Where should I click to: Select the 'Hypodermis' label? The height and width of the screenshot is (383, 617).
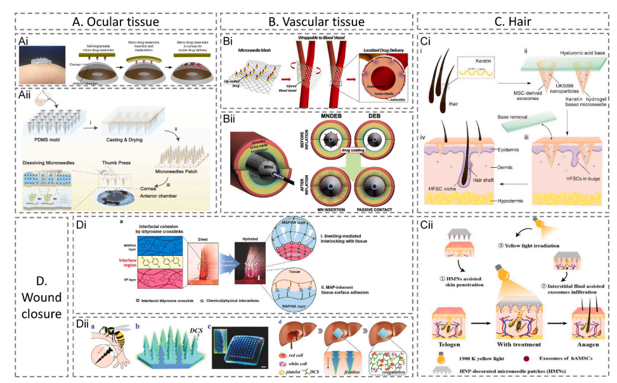pos(509,201)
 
